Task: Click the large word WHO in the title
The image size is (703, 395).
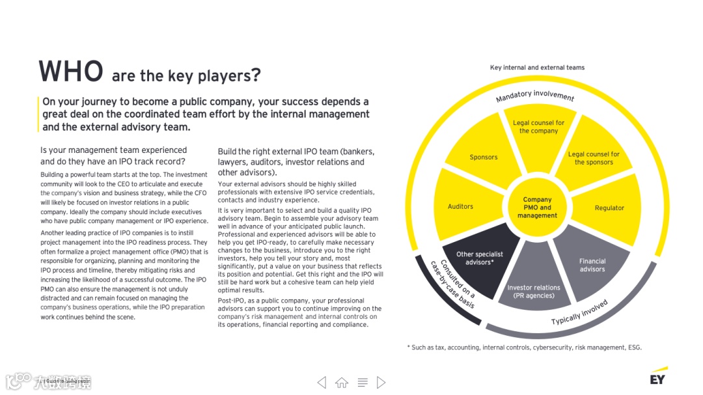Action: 71,71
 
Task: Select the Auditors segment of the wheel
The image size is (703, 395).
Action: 461,206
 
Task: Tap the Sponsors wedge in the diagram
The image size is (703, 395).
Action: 484,157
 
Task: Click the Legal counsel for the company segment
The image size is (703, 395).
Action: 538,127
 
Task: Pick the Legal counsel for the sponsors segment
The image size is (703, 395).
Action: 594,158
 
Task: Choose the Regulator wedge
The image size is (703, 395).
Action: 609,208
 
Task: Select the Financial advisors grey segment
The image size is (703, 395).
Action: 592,264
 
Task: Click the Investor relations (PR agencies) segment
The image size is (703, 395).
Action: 534,290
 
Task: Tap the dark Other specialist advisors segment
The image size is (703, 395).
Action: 480,258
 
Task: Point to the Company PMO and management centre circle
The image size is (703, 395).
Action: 538,208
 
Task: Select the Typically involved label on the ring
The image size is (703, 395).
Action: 579,313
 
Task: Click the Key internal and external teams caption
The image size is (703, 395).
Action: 537,68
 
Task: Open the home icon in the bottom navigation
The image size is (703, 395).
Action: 342,383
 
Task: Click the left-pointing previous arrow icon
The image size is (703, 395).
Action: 322,383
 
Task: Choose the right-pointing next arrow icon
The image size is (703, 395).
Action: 381,383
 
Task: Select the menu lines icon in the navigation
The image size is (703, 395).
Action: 363,383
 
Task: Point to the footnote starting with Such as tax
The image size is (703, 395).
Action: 525,347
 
